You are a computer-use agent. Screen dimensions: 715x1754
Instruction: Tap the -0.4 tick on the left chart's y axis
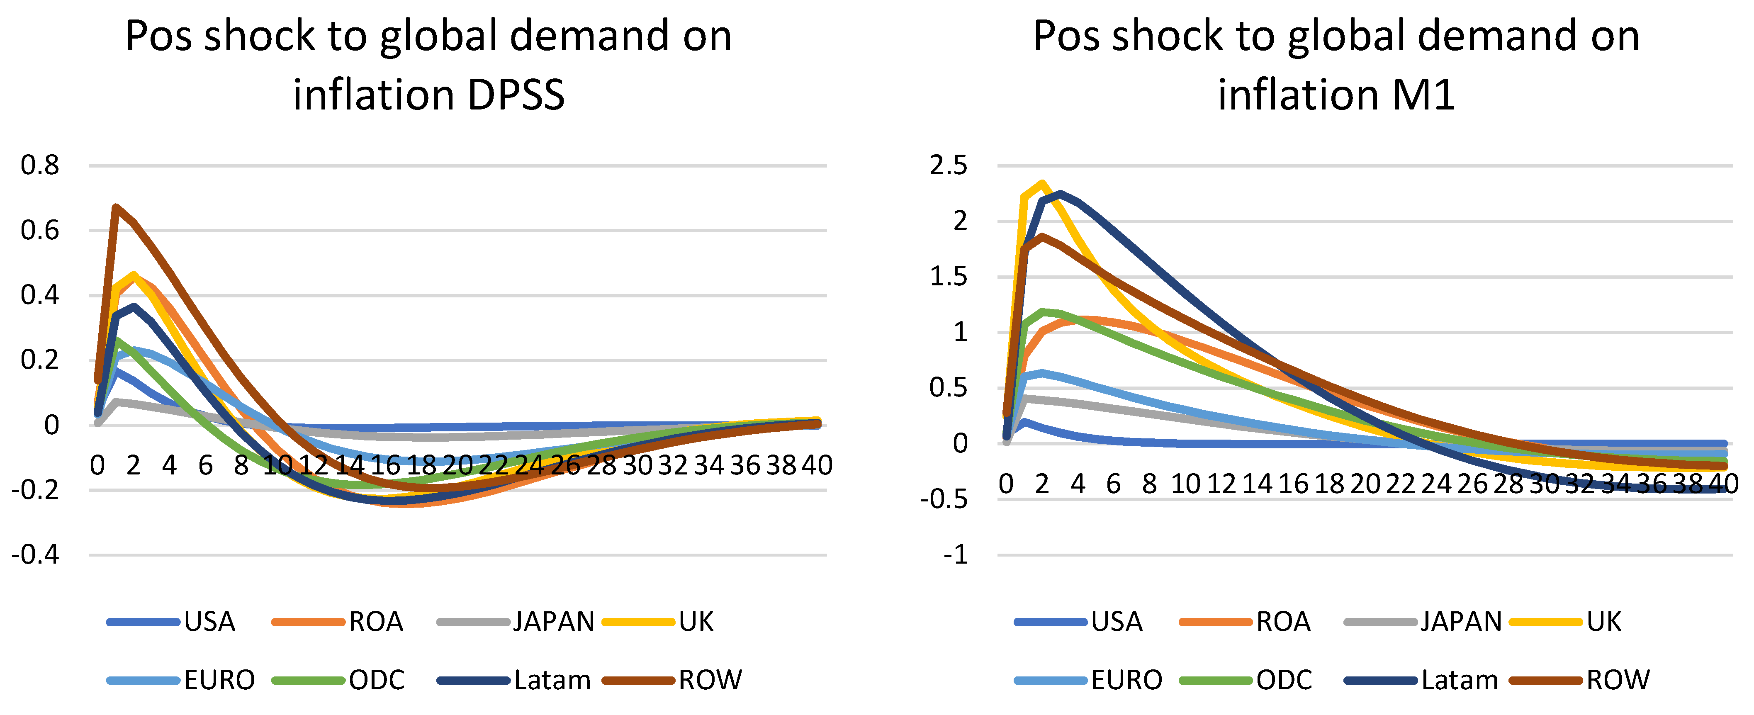point(35,555)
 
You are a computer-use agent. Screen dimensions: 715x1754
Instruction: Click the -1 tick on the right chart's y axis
point(955,555)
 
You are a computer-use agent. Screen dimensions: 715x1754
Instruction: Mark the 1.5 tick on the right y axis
point(948,277)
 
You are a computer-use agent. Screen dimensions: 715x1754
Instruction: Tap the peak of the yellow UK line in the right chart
point(1042,182)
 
